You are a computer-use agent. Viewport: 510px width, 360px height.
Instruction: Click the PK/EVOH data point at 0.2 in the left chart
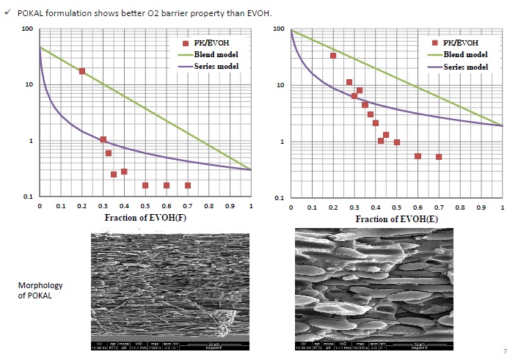click(x=82, y=71)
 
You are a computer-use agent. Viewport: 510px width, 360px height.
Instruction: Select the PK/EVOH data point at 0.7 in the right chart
click(x=439, y=157)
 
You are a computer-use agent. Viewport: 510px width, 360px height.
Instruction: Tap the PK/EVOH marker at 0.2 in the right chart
click(x=333, y=56)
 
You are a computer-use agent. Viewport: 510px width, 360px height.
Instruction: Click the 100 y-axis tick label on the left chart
click(x=28, y=29)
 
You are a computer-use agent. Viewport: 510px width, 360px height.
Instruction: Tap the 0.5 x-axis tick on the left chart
click(x=145, y=207)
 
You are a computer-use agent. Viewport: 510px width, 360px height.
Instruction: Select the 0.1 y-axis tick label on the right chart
click(x=278, y=198)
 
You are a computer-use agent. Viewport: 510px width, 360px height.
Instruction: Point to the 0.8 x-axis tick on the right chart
click(x=460, y=208)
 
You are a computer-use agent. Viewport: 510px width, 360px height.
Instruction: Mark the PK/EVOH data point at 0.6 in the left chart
click(x=167, y=185)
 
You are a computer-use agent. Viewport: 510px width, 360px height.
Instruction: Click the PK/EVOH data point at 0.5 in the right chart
click(x=396, y=142)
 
